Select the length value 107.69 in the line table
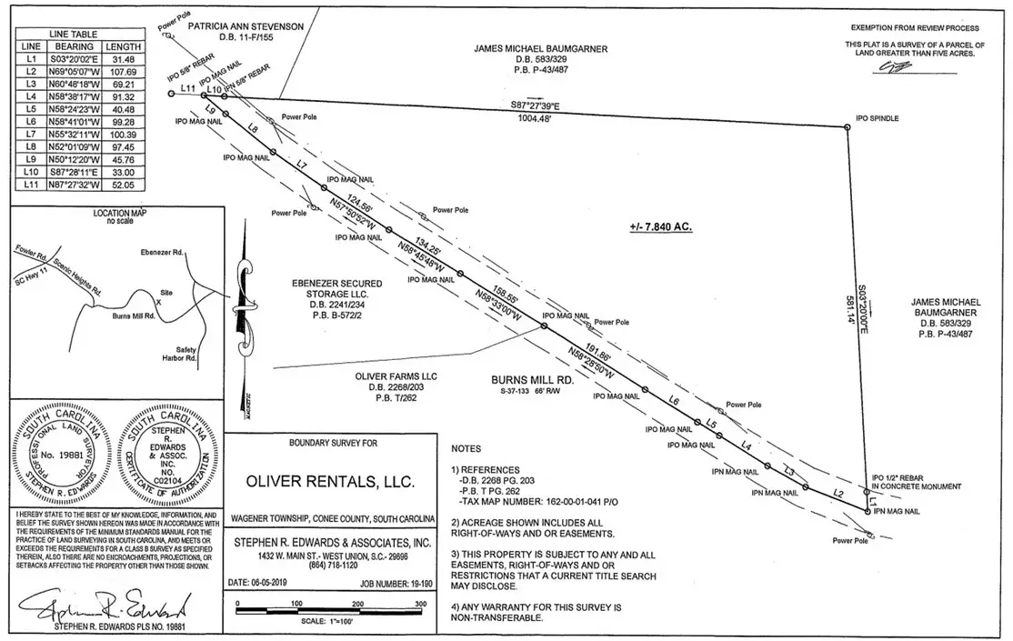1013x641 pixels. (124, 71)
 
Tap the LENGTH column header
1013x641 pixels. (124, 45)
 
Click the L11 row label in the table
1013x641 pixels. (30, 185)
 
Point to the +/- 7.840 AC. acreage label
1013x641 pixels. (660, 227)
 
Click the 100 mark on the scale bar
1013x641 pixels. (297, 603)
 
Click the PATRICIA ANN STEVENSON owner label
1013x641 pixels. (246, 27)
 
